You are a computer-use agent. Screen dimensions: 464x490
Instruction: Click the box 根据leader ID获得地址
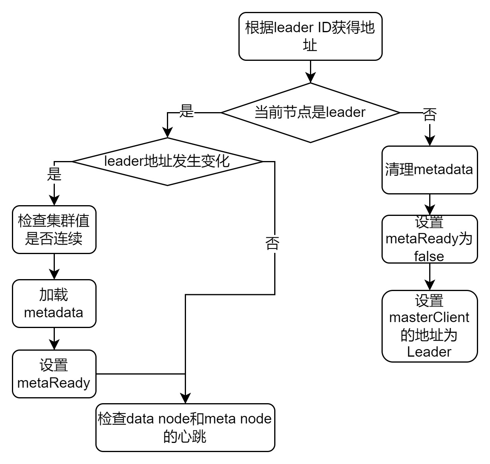310,36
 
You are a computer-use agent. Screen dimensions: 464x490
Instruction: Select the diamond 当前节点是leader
310,113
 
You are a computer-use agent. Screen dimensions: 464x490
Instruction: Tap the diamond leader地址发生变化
167,161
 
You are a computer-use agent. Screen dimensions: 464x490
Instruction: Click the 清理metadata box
429,170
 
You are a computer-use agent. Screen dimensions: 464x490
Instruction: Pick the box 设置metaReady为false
429,239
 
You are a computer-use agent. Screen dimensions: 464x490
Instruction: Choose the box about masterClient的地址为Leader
429,326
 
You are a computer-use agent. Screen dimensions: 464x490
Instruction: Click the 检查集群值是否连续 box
54,229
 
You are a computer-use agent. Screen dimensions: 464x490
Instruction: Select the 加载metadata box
54,303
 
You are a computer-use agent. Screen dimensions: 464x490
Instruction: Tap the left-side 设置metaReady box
54,374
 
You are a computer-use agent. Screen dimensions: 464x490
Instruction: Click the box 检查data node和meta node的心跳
185,427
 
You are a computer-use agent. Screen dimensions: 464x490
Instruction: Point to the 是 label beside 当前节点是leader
186,111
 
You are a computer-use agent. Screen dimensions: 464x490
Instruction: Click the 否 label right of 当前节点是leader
430,115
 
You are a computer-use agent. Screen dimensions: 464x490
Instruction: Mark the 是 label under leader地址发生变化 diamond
54,174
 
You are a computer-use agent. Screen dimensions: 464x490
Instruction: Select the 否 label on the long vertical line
273,243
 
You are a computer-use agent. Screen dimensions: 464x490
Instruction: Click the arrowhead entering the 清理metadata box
430,141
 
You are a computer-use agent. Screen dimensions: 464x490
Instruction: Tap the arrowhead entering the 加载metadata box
54,274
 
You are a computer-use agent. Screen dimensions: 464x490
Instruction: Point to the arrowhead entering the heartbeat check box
186,398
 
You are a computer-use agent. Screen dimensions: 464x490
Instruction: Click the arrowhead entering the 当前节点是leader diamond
310,78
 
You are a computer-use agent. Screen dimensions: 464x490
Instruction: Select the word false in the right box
429,256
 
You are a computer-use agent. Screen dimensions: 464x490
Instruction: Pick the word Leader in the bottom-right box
429,352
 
